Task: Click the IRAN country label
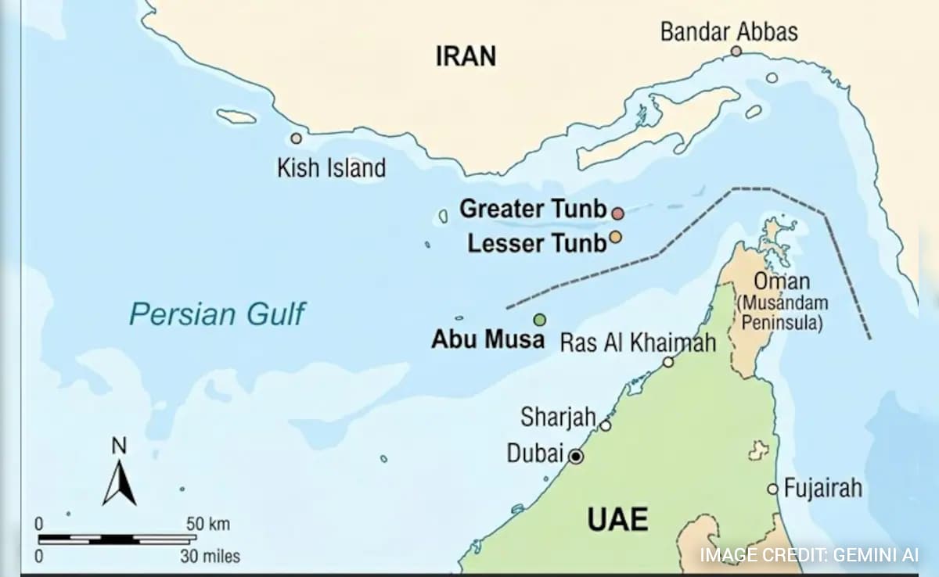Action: pyautogui.click(x=466, y=56)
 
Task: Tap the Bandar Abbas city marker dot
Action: pyautogui.click(x=736, y=52)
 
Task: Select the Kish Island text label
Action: pyautogui.click(x=331, y=167)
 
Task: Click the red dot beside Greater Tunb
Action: pyautogui.click(x=617, y=213)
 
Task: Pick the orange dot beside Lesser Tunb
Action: pyautogui.click(x=615, y=237)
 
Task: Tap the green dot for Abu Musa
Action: pyautogui.click(x=539, y=319)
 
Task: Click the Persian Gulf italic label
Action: pyautogui.click(x=217, y=314)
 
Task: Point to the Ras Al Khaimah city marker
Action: pyautogui.click(x=668, y=362)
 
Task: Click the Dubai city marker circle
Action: pyautogui.click(x=576, y=457)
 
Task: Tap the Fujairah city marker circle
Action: pyautogui.click(x=772, y=489)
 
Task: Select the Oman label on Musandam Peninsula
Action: pyautogui.click(x=781, y=281)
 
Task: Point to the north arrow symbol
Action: pyautogui.click(x=119, y=483)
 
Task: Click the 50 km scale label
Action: pyautogui.click(x=208, y=524)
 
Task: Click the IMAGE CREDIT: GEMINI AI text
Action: pyautogui.click(x=809, y=556)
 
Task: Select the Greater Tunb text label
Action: pyautogui.click(x=532, y=209)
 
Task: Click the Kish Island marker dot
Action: pyautogui.click(x=296, y=138)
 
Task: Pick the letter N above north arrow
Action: pyautogui.click(x=119, y=446)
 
